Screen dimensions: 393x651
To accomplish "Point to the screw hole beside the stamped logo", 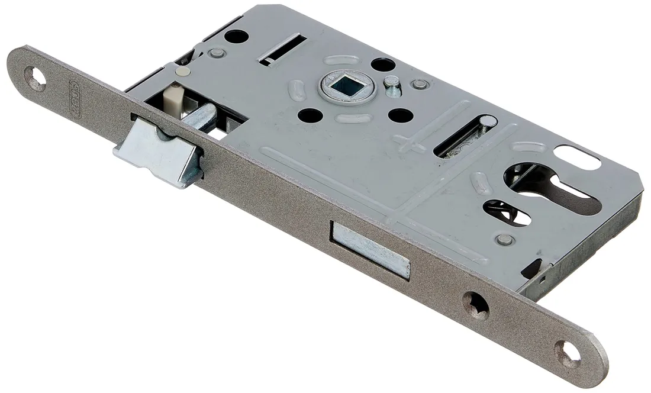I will pyautogui.click(x=35, y=78).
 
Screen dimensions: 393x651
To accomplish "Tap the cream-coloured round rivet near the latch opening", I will pyautogui.click(x=184, y=72).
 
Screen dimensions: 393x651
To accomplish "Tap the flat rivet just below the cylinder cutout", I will pyautogui.click(x=505, y=239).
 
